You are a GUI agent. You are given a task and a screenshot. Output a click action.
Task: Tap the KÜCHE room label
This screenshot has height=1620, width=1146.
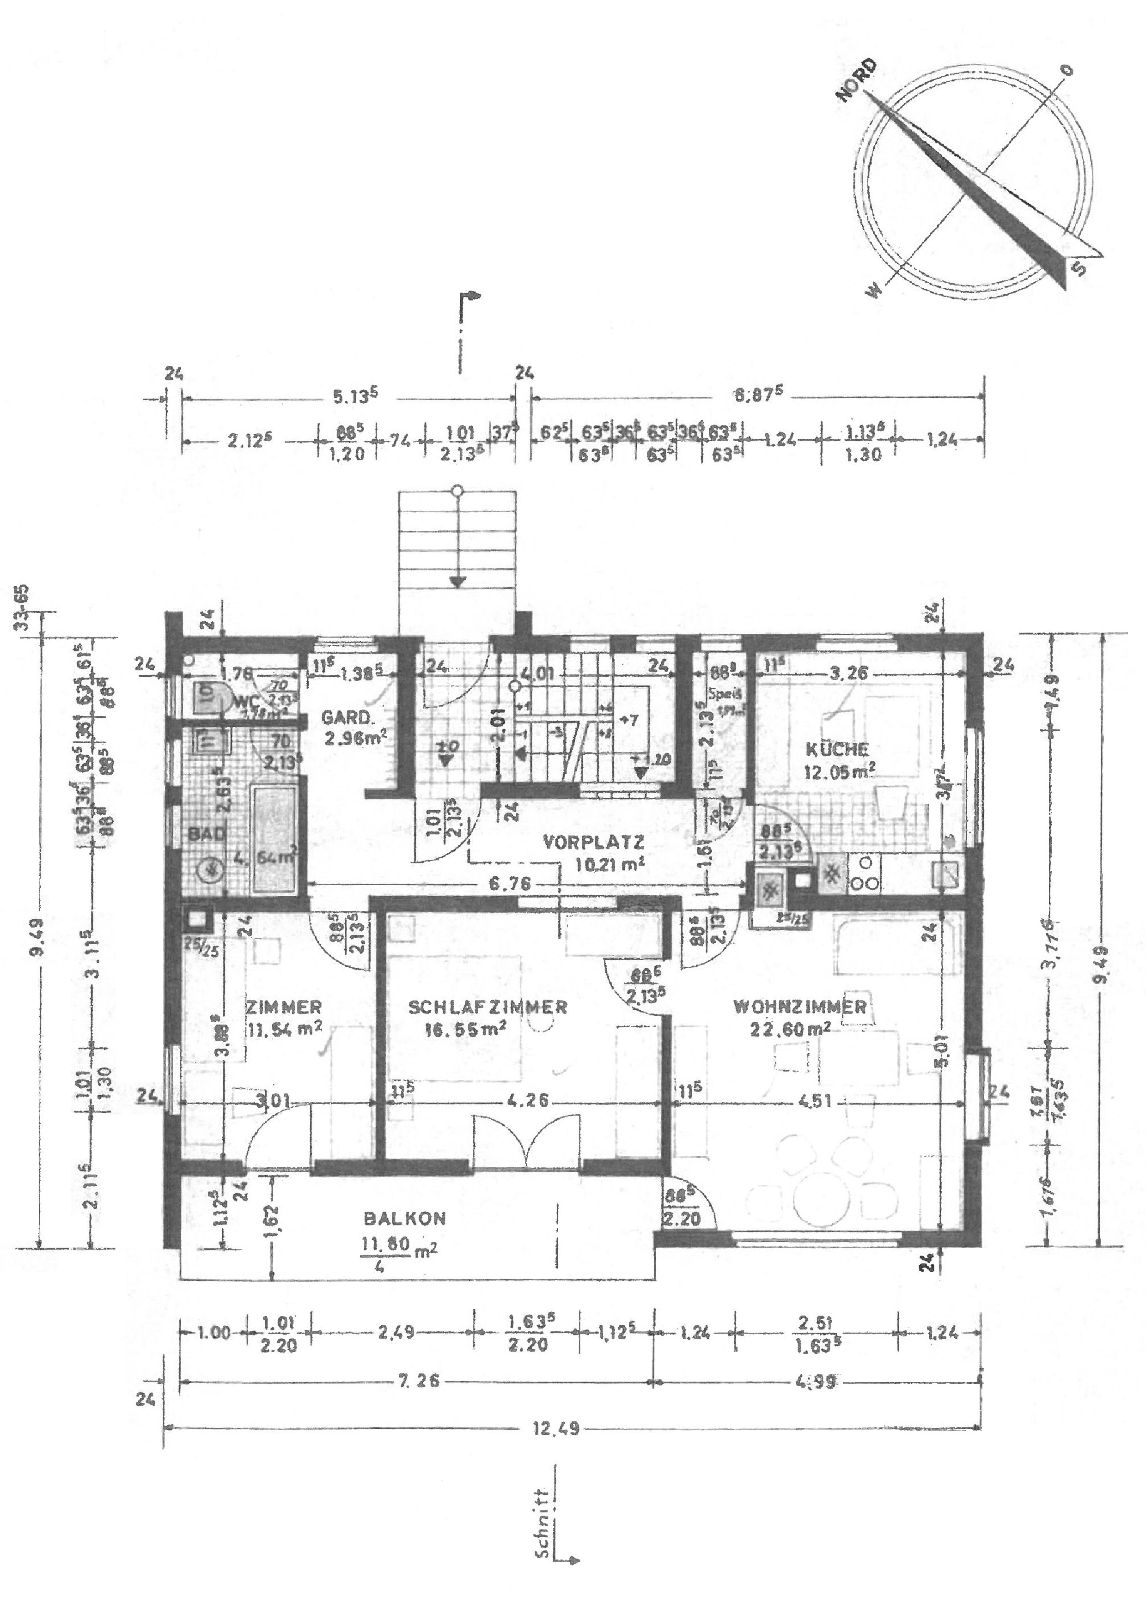[837, 750]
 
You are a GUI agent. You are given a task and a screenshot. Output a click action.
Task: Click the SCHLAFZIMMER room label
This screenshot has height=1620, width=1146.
[488, 1007]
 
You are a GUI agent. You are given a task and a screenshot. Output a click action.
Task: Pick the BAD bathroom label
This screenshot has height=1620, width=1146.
[207, 833]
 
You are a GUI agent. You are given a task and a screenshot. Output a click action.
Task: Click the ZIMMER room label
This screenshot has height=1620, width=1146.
[284, 1007]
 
